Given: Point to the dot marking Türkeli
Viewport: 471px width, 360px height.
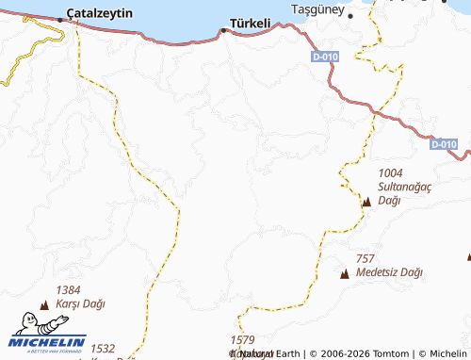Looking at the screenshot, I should (223, 30).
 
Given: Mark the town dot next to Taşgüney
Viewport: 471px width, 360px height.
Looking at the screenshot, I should (350, 16).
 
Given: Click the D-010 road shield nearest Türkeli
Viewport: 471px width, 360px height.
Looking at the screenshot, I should (324, 57).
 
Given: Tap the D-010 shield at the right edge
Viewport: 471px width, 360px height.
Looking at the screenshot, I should (444, 144).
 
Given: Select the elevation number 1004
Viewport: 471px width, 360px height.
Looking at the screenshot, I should (390, 173).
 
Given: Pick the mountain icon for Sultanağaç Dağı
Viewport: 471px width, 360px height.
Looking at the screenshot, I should (366, 202).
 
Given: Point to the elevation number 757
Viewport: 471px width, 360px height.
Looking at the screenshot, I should (365, 258).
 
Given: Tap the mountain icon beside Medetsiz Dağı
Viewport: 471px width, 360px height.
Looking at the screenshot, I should (345, 273).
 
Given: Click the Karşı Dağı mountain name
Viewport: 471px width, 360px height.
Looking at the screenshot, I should (81, 304).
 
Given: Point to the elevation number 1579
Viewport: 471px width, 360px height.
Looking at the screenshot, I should (242, 339).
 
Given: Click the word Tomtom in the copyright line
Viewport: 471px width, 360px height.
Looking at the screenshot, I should (389, 353).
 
